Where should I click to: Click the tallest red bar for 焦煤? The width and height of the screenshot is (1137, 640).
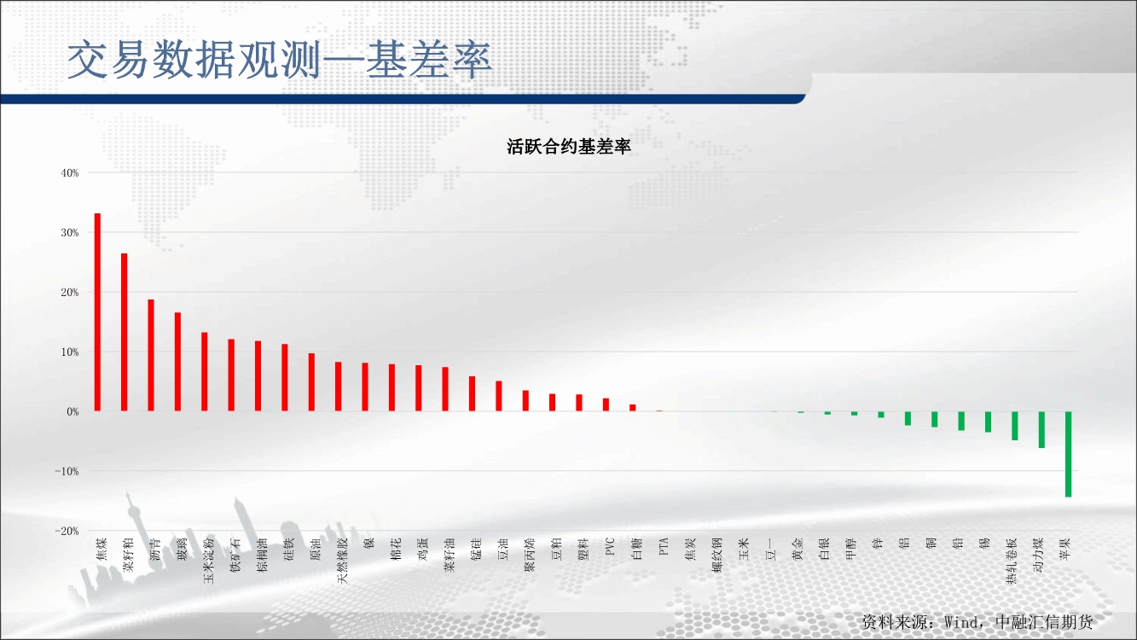97,311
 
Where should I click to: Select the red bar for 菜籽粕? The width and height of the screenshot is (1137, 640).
124,332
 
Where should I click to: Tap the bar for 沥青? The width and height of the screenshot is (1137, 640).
151,355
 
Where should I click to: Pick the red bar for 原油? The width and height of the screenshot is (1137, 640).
311,382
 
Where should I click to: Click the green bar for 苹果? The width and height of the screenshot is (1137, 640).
1068,454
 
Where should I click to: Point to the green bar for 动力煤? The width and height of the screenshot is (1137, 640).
1041,430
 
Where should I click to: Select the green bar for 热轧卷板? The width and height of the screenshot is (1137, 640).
1015,426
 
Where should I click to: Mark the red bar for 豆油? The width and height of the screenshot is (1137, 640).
499,396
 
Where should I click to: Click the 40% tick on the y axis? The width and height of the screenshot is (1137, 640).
70,173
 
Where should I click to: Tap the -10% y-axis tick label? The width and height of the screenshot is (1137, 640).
67,471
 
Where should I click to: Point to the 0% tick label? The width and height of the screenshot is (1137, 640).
73,412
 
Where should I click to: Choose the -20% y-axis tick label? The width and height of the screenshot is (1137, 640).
67,532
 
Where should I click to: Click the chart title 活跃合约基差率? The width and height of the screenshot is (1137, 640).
568,147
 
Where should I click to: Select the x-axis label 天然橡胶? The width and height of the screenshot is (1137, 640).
342,561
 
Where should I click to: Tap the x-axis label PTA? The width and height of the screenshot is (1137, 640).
664,546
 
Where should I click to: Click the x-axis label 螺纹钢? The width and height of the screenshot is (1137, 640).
717,556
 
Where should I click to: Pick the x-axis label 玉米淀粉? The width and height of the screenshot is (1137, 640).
209,561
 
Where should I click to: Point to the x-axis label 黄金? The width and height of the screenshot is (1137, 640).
798,550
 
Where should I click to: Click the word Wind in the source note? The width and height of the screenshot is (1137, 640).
963,622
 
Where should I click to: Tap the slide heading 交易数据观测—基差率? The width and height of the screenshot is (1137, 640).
280,61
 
